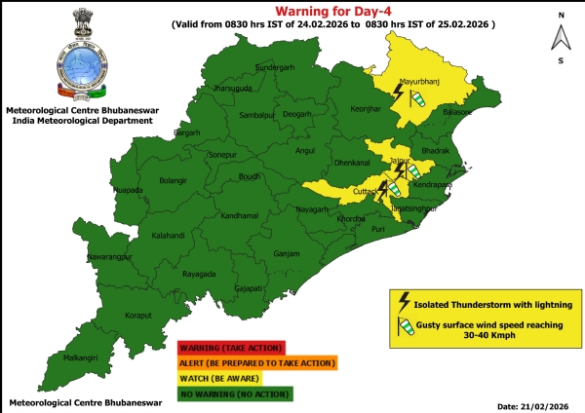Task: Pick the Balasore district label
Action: coord(458,113)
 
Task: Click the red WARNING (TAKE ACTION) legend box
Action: coord(230,346)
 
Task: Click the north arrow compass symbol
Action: coord(560,37)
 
